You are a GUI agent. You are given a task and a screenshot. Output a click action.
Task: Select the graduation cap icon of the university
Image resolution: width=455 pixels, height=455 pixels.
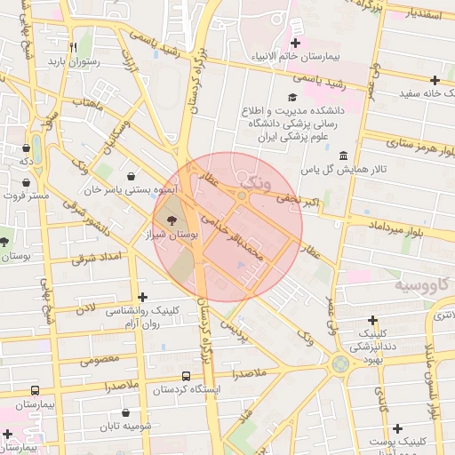[291, 97]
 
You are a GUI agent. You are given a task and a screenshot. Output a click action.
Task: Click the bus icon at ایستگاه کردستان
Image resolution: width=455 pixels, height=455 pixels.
[186, 376]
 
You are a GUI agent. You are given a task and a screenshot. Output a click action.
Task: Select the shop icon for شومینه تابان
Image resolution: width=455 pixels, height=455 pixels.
[126, 412]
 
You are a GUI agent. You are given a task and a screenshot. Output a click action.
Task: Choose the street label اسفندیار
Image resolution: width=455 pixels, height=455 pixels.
[426, 15]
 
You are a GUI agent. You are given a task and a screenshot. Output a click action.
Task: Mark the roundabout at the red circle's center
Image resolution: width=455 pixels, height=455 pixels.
[242, 195]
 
